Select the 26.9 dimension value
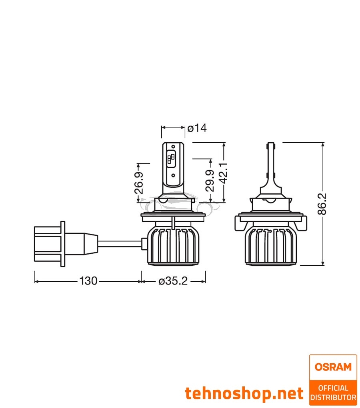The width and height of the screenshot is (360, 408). (139, 183)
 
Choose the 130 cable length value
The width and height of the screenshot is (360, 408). (88, 281)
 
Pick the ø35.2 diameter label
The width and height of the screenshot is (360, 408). (173, 281)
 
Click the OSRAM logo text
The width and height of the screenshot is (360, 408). (333, 366)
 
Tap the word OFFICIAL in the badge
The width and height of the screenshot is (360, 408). (333, 388)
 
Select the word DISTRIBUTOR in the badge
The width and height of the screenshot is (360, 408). (333, 397)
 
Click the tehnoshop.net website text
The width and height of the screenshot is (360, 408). (244, 393)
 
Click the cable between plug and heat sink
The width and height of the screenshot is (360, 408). (120, 243)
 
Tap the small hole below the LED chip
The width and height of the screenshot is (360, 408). (173, 175)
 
